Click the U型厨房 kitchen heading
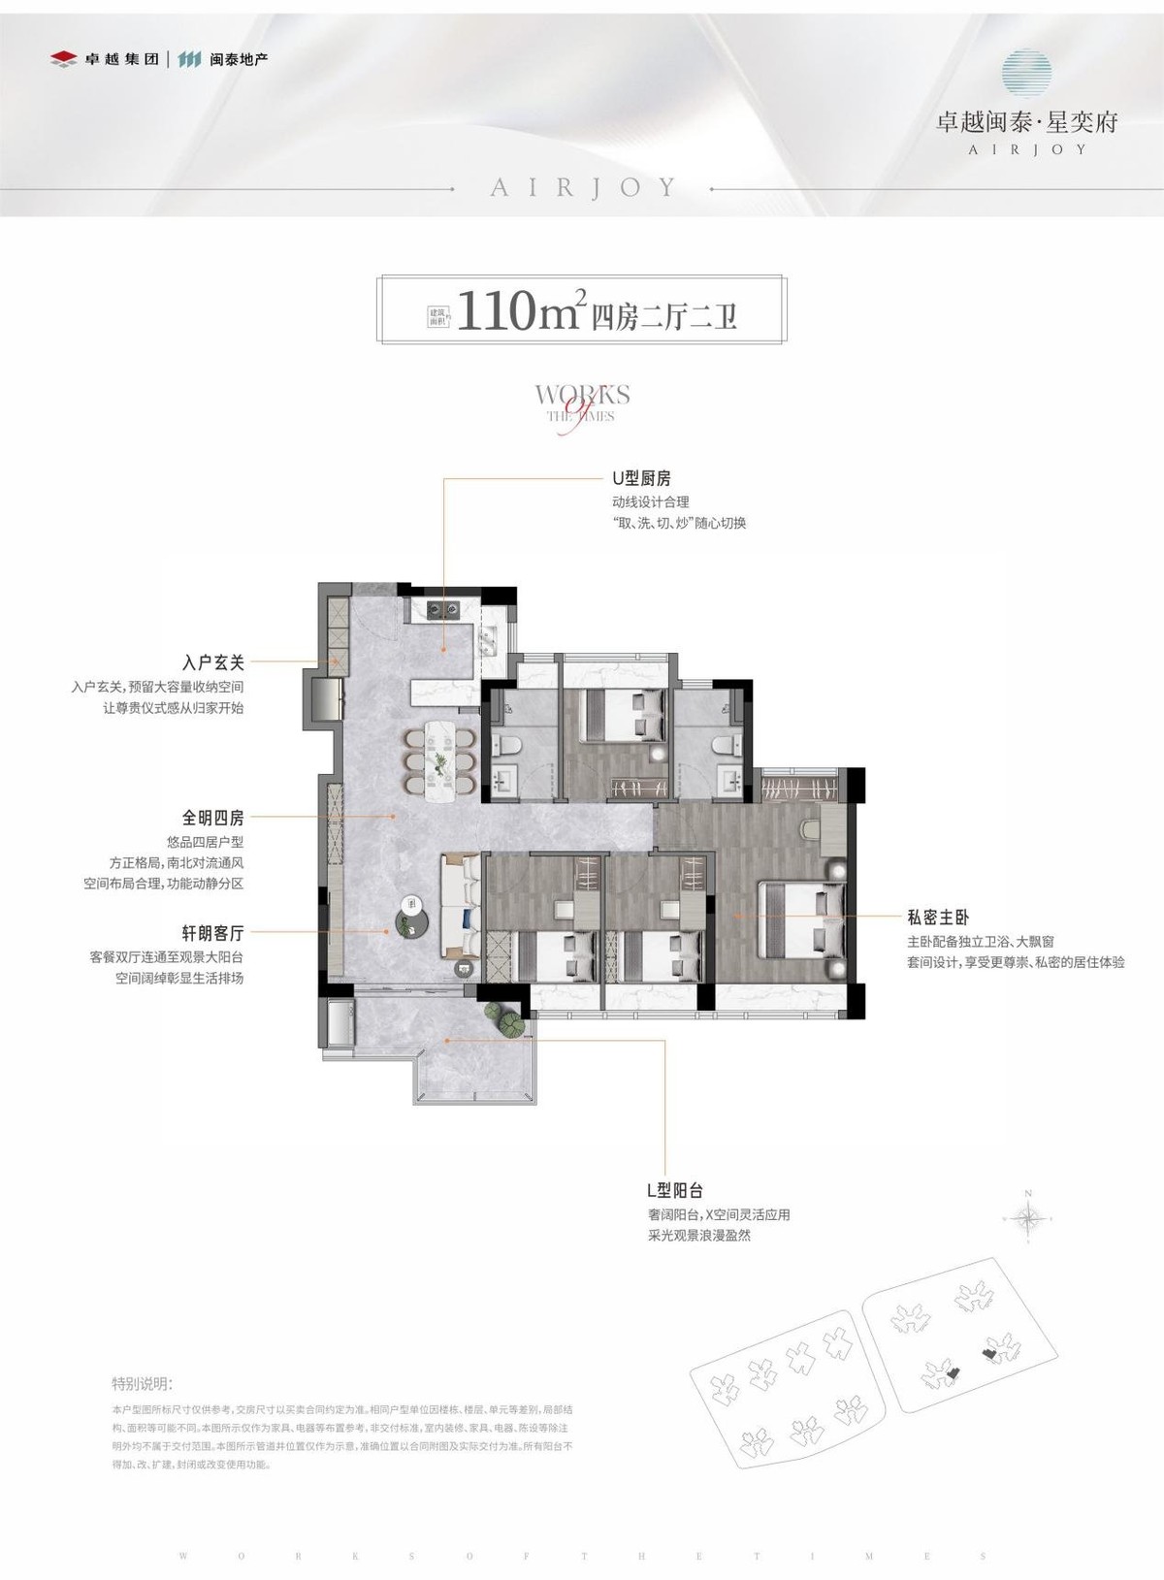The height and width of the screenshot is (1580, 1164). (x=641, y=478)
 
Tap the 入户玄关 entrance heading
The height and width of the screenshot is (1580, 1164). (x=212, y=662)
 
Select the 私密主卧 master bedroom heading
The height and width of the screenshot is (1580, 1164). (x=938, y=917)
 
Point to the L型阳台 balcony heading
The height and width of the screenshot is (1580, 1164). (x=674, y=1190)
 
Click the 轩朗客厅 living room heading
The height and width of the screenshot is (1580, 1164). (x=212, y=933)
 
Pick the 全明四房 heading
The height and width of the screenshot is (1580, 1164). (x=212, y=819)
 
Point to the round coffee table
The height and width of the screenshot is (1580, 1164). (x=412, y=920)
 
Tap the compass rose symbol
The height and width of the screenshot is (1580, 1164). (x=1028, y=1217)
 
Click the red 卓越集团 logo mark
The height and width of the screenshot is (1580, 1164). (x=63, y=59)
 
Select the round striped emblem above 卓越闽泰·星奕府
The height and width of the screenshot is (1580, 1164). (x=1027, y=74)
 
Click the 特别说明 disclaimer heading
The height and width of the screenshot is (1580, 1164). (x=142, y=1383)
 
